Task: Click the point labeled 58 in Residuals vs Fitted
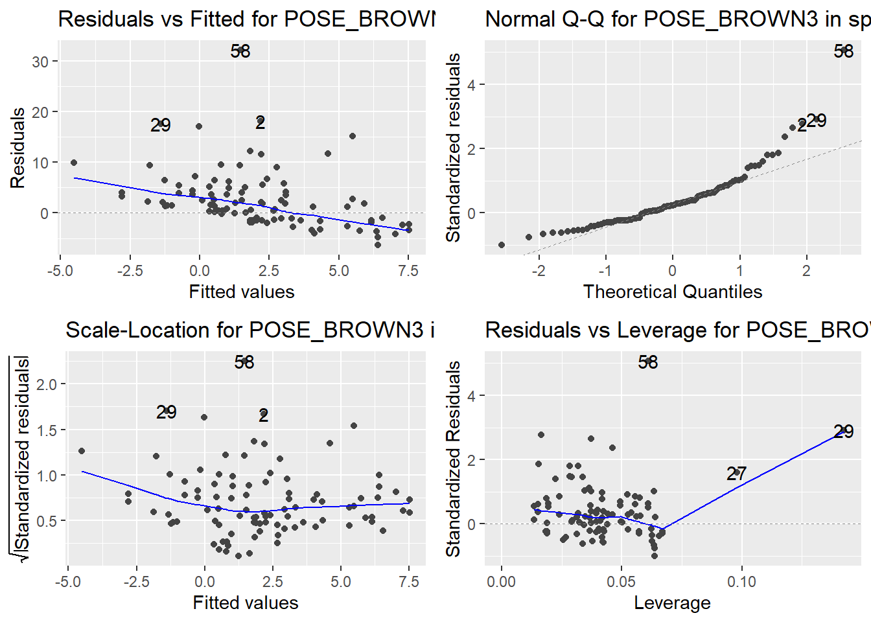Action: coord(240,51)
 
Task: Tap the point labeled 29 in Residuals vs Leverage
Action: coord(843,432)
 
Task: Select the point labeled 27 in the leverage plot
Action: coord(736,474)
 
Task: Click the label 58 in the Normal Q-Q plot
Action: coord(843,51)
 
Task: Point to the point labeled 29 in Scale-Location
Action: coord(167,412)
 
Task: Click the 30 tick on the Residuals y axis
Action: coord(40,62)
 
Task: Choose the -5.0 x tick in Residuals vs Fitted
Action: coord(60,270)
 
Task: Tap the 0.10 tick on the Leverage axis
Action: coord(741,581)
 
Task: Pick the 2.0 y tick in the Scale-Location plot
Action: coord(47,384)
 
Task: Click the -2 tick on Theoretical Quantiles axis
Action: coord(539,270)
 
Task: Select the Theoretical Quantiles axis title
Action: coord(672,292)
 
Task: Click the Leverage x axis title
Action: coord(672,603)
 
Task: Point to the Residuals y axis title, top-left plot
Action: coord(17,148)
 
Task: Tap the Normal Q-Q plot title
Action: coord(677,19)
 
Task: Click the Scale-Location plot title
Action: coord(250,330)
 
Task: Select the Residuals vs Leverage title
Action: coord(677,330)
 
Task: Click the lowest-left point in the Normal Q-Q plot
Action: coord(501,245)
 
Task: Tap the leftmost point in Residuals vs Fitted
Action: coord(74,163)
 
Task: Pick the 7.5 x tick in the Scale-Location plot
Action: coord(409,581)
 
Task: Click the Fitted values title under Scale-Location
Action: coord(246,603)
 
